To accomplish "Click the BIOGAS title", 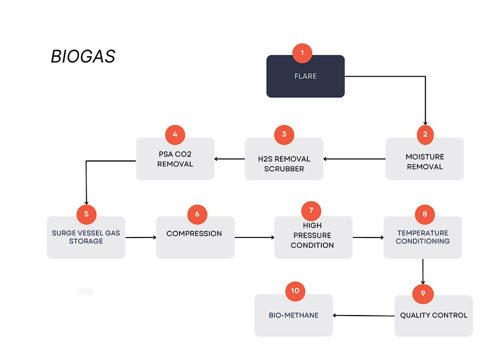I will pyautogui.click(x=83, y=56).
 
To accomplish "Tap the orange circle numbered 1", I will pyautogui.click(x=302, y=53).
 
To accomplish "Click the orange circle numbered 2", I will pyautogui.click(x=425, y=134).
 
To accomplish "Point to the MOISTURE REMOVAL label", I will pyautogui.click(x=425, y=162).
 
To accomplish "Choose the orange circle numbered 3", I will pyautogui.click(x=284, y=134).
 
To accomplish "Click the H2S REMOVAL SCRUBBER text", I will pyautogui.click(x=284, y=164).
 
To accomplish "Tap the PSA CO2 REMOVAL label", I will pyautogui.click(x=175, y=159).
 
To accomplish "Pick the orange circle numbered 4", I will pyautogui.click(x=175, y=134).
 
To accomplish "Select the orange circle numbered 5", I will pyautogui.click(x=86, y=214).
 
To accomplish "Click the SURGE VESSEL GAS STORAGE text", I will pyautogui.click(x=86, y=237).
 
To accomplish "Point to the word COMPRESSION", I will pyautogui.click(x=194, y=234).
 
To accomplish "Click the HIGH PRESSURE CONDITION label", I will pyautogui.click(x=312, y=235).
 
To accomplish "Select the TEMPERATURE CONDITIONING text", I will pyautogui.click(x=423, y=237).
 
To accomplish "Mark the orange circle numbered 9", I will pyautogui.click(x=423, y=293).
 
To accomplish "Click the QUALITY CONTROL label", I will pyautogui.click(x=433, y=315).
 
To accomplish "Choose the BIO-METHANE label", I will pyautogui.click(x=293, y=315).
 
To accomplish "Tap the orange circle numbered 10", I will pyautogui.click(x=295, y=291).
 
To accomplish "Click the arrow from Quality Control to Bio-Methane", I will pyautogui.click(x=363, y=316).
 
